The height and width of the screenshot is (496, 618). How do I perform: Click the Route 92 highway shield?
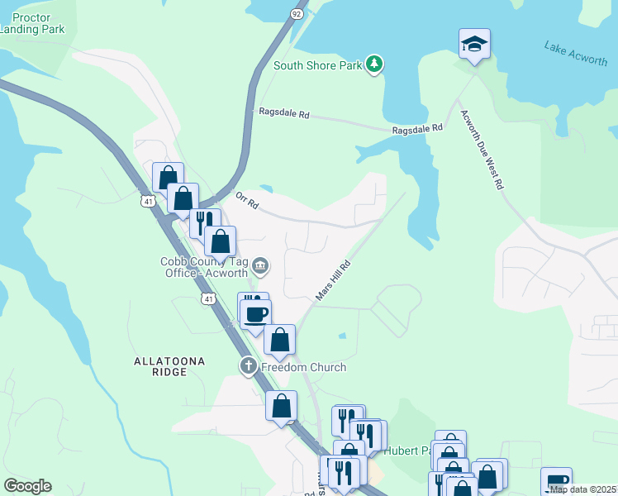coord(297,14)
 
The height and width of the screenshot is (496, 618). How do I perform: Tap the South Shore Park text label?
coord(318,65)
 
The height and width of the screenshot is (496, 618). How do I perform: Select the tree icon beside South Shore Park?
coord(374,64)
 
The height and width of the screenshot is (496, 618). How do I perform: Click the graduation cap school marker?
coord(475,44)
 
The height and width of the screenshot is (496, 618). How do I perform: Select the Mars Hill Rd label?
coord(333,281)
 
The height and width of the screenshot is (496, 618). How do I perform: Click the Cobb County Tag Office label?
coord(203,267)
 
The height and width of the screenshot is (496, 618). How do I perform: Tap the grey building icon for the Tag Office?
coord(259,265)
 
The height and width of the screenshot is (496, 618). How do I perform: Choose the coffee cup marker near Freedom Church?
coord(257,313)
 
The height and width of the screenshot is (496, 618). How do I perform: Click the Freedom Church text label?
coord(303,367)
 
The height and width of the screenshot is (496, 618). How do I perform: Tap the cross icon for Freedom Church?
coord(248,365)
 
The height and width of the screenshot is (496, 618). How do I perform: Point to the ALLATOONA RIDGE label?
coord(168,367)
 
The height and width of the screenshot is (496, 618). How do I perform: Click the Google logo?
coord(27,486)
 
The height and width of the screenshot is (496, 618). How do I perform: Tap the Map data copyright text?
coord(582,489)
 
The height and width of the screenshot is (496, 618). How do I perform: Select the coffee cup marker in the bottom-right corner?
coord(556,481)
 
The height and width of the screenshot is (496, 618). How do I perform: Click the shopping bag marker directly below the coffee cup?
coord(280,340)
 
